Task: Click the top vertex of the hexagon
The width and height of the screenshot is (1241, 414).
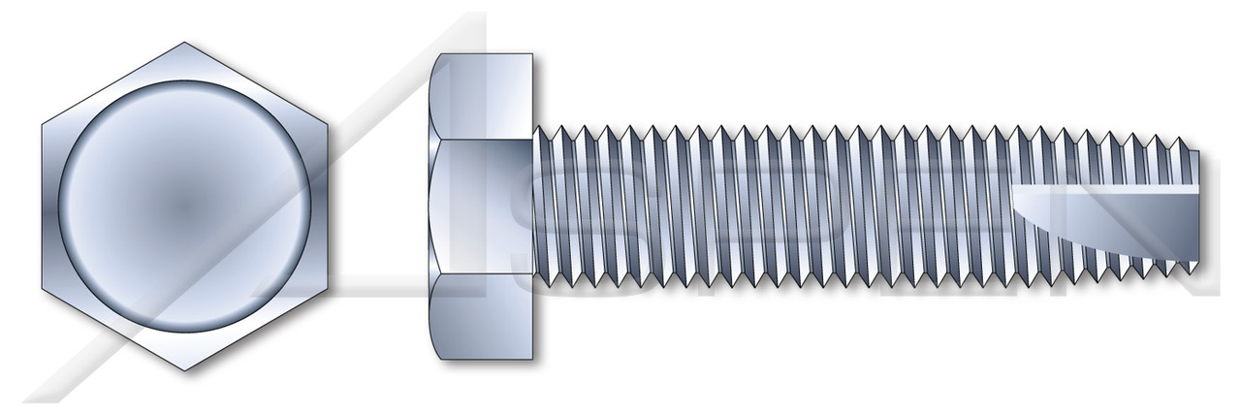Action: click(185, 42)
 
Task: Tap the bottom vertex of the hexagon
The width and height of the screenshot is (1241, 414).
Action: click(185, 371)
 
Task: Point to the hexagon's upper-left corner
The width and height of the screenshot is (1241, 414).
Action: click(43, 124)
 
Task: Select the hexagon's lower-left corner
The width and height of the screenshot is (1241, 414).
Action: click(43, 289)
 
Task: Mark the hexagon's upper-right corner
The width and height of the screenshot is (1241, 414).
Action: click(328, 124)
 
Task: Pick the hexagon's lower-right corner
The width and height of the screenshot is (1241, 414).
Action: click(328, 289)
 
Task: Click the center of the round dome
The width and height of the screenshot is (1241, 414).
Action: click(185, 207)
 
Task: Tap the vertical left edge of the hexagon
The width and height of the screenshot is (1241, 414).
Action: click(43, 207)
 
